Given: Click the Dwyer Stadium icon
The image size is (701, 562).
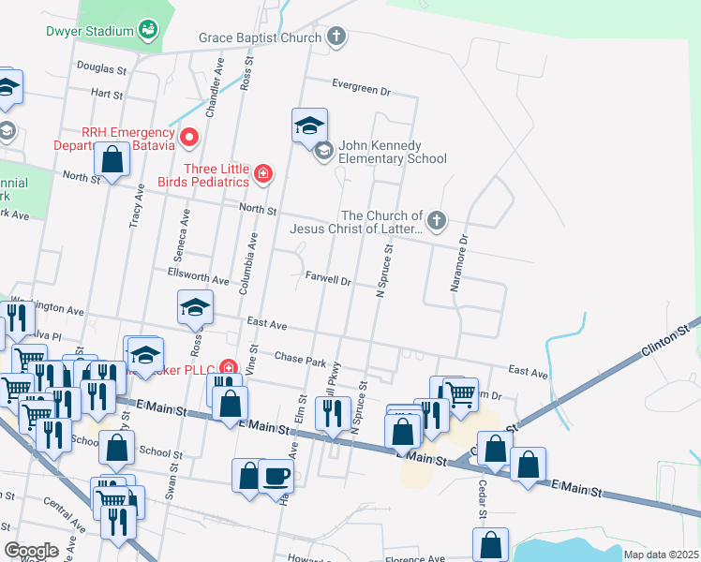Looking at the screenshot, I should coord(148,31).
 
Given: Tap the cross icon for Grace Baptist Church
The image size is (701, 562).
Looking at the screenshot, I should coord(336,37).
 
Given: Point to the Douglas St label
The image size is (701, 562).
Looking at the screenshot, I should coord(101,68).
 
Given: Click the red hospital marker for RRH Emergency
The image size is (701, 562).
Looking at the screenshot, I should coord(188,139).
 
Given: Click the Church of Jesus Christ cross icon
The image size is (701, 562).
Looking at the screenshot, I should coord(436,221).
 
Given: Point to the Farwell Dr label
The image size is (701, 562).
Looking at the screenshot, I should coord(328,279).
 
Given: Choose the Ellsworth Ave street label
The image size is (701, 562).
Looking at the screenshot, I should coord(198,280).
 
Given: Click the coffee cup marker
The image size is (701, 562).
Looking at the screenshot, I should coord(276,475).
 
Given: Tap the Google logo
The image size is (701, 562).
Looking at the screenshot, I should coord(31,551).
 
